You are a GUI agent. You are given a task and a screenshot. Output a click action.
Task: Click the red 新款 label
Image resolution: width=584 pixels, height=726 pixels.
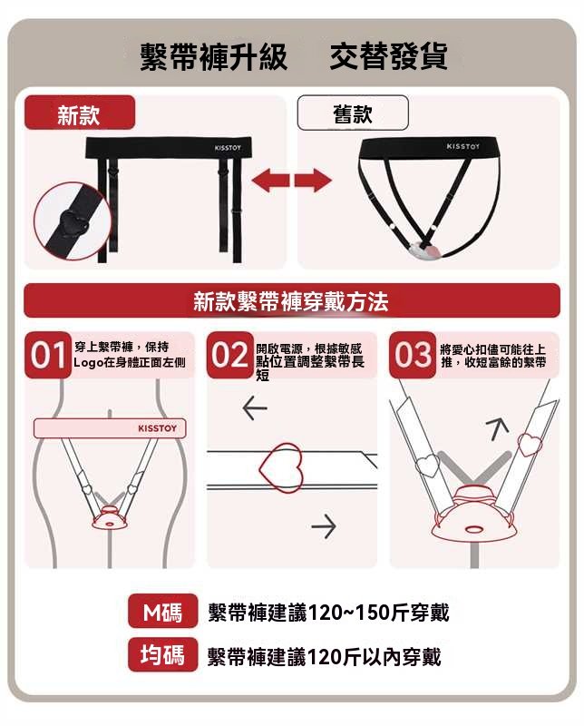79,113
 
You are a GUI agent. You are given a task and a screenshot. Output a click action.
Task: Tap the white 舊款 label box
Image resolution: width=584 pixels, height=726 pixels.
353,113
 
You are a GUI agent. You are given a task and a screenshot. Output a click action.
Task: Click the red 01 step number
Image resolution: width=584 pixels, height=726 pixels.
48,355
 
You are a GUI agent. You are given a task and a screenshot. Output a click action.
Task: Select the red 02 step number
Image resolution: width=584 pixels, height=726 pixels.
230,355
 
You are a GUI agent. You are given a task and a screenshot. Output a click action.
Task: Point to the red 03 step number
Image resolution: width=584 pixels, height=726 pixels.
413,355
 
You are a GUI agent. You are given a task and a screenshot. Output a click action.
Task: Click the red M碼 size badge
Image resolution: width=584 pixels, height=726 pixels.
163,611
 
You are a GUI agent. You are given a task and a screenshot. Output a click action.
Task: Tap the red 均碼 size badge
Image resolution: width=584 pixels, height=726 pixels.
163,654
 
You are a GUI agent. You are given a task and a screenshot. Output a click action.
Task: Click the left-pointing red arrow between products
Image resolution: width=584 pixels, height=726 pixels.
270,180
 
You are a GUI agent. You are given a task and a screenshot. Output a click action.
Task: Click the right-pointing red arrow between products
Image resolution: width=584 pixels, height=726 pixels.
313,180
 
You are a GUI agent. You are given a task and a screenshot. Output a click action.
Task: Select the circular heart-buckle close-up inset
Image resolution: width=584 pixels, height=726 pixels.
73,221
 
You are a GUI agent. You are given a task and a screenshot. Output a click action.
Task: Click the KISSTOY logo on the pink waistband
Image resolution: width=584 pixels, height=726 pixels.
158,428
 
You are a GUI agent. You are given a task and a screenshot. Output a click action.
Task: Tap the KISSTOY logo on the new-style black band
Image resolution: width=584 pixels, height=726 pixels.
228,148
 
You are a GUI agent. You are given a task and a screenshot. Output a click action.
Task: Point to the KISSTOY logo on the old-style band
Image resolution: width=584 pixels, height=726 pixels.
462,146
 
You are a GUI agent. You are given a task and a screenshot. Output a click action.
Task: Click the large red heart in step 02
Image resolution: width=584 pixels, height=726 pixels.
281,468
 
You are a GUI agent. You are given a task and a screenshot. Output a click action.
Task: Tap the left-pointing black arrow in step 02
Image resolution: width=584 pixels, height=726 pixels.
255,407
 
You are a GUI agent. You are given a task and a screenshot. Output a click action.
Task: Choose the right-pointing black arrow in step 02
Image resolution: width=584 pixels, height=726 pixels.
324,526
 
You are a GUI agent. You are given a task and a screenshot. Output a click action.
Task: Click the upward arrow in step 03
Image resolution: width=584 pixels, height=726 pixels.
497,428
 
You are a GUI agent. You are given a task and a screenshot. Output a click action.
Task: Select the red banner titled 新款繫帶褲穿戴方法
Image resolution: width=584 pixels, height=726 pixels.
291,300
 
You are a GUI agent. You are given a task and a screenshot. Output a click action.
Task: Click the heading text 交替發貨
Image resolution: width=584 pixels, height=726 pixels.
389,56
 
